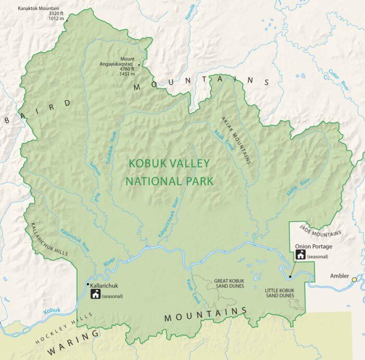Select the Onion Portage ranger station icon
click(x=300, y=255)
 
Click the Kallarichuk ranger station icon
click(x=95, y=294)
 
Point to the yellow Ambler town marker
click(x=354, y=280)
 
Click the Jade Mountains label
click(x=320, y=230)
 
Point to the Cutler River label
click(x=337, y=79)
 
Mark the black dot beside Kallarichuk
click(x=87, y=284)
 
